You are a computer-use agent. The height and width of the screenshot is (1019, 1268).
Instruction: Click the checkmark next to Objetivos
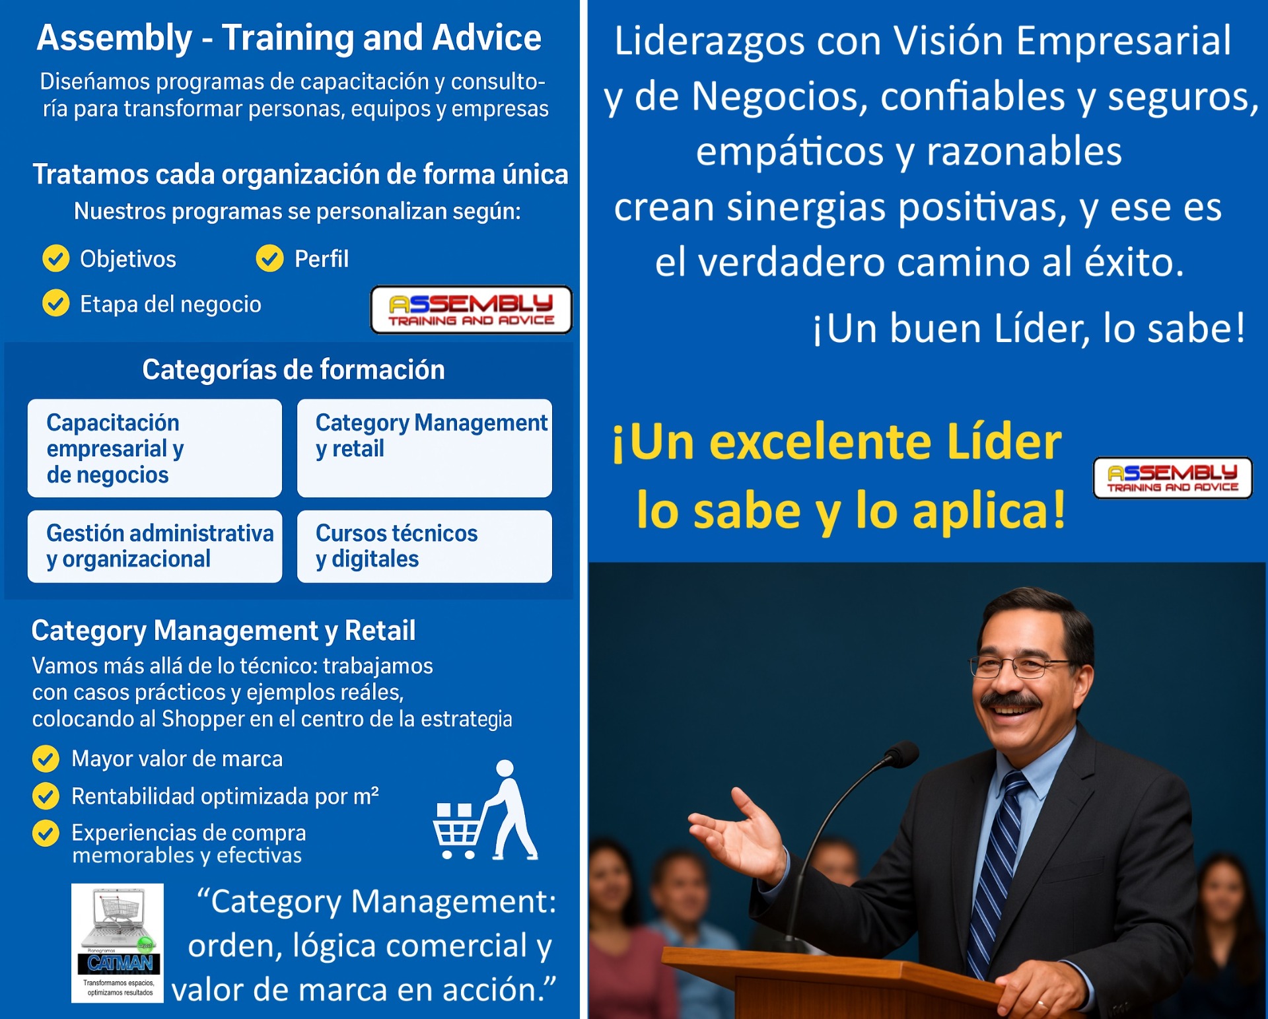[56, 258]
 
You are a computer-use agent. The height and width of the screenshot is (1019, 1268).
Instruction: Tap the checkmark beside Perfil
[269, 258]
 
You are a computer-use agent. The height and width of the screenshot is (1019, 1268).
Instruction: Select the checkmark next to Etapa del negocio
[56, 303]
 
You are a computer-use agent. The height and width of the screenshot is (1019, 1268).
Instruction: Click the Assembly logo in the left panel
[471, 310]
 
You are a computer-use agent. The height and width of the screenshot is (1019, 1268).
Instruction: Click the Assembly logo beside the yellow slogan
[1172, 477]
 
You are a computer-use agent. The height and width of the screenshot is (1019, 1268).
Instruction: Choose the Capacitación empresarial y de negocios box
[155, 448]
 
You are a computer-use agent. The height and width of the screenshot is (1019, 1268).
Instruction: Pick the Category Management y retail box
[424, 448]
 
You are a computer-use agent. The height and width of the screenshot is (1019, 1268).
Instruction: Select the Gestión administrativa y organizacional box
[155, 546]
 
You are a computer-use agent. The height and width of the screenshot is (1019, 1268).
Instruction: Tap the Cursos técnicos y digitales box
[424, 546]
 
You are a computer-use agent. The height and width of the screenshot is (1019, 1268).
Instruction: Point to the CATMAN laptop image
[118, 943]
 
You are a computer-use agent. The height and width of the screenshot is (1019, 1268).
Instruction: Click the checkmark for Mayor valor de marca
[46, 759]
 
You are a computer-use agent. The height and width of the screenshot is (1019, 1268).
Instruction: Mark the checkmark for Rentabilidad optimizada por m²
[46, 796]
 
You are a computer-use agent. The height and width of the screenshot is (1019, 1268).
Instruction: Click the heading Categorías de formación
[293, 370]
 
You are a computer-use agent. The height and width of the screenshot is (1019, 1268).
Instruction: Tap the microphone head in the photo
[902, 754]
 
